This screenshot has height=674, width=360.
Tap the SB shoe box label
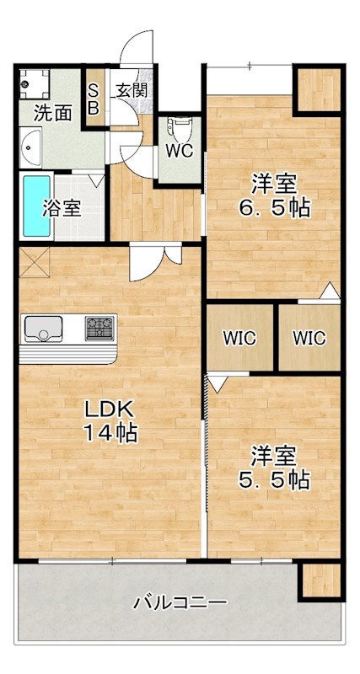[x=93, y=99]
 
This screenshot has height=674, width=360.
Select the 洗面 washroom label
[x=52, y=113]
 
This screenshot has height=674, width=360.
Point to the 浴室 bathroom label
[x=62, y=206]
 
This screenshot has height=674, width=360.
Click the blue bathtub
[x=35, y=206]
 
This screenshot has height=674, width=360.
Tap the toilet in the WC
[x=178, y=130]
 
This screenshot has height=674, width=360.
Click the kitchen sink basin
[x=40, y=326]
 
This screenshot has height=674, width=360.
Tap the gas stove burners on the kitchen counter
[x=99, y=326]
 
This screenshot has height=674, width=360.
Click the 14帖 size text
[x=110, y=434]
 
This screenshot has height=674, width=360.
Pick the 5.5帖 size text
[x=272, y=480]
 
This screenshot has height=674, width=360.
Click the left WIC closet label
[x=239, y=338]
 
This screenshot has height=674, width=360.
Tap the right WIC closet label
[x=309, y=338]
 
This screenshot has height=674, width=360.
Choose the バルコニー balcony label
[x=180, y=603]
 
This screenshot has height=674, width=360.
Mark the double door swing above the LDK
[x=155, y=262]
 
